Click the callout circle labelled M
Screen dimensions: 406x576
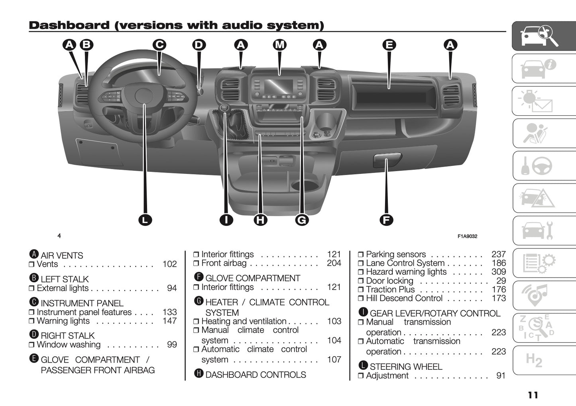point(280,45)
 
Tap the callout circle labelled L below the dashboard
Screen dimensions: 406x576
point(145,220)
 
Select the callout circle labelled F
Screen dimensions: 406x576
point(386,220)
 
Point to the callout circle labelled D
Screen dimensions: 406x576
point(199,45)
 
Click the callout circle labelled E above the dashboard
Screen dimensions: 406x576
point(389,45)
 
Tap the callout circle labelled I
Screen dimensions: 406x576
point(226,220)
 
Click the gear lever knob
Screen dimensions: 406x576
point(224,108)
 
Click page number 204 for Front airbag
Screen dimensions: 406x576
point(334,263)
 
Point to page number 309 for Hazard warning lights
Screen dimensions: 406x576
point(498,272)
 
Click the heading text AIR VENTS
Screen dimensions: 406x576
point(62,256)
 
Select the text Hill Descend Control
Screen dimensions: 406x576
point(404,298)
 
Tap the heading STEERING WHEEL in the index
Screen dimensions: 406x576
point(406,367)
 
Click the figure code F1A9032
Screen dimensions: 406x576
point(467,236)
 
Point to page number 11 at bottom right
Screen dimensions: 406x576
point(533,395)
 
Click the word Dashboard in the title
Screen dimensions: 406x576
point(69,26)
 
